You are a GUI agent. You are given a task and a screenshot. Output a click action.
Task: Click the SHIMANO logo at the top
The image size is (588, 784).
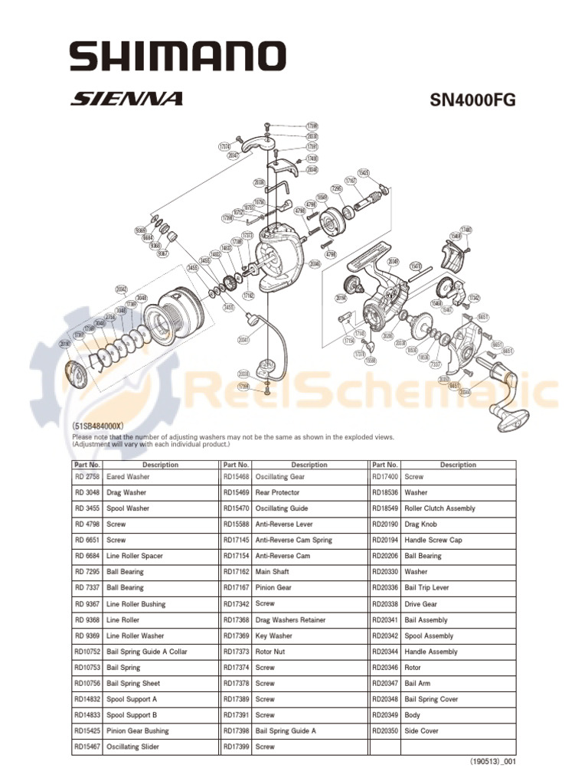tap(178, 56)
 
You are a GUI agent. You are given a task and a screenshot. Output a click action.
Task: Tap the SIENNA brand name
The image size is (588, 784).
tap(127, 99)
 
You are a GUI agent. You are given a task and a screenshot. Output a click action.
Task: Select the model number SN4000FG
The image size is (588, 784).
tap(474, 100)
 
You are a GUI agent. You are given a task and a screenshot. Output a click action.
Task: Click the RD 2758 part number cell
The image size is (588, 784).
tap(87, 477)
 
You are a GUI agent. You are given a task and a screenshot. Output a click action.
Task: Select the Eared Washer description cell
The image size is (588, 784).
tap(128, 477)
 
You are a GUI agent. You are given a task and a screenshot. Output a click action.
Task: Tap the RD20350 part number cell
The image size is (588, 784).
tap(384, 731)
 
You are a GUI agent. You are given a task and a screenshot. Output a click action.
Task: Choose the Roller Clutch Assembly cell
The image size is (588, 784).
tap(439, 508)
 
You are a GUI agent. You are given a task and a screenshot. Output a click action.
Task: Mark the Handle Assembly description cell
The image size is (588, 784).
tap(431, 652)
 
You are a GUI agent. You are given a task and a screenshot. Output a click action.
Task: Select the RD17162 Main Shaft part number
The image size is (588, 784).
tap(236, 572)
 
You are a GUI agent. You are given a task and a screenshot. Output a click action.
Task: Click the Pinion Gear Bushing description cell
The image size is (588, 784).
tap(138, 731)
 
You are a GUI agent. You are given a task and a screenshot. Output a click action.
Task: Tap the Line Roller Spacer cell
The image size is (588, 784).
tap(135, 556)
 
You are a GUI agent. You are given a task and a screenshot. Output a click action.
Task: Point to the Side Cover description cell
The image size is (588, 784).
tap(421, 731)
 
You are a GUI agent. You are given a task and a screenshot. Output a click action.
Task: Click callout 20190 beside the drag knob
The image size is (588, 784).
tap(64, 344)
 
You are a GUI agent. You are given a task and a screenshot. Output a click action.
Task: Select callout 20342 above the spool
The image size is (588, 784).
tap(121, 289)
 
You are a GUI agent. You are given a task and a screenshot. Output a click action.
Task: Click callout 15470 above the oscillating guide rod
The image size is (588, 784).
tap(416, 266)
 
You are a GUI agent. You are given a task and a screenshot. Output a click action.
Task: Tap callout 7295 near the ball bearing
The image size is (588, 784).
tap(336, 188)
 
